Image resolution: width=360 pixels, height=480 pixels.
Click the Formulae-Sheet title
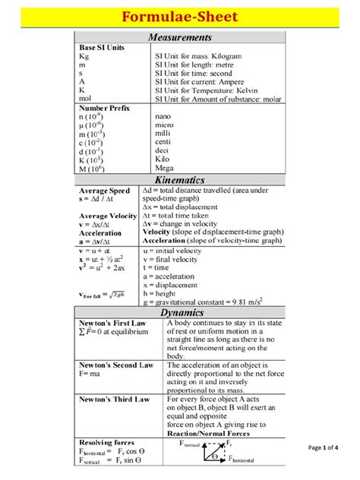click(181, 16)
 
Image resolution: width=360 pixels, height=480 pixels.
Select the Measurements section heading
click(179, 37)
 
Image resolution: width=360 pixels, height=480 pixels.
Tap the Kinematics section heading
click(179, 180)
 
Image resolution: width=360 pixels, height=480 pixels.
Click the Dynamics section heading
click(179, 312)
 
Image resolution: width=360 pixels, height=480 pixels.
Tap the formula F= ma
click(90, 374)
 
